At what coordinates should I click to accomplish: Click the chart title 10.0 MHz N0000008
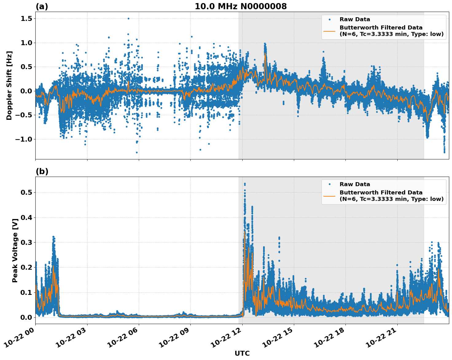241,6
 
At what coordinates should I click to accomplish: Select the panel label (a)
42,6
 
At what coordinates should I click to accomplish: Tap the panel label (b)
42,171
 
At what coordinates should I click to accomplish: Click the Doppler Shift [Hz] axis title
9,85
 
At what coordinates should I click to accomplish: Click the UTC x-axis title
242,354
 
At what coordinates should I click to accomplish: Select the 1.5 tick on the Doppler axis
26,19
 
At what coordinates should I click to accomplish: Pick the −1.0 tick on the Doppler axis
24,139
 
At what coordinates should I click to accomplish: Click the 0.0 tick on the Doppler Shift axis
26,91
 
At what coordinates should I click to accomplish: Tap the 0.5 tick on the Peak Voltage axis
26,193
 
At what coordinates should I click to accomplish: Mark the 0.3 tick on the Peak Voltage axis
26,243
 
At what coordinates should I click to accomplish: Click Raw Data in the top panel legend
355,19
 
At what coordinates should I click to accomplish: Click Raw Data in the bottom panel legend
355,184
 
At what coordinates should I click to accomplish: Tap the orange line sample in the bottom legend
329,196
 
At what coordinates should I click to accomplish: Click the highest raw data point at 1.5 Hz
128,18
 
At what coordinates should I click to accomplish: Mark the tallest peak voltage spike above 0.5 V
245,184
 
